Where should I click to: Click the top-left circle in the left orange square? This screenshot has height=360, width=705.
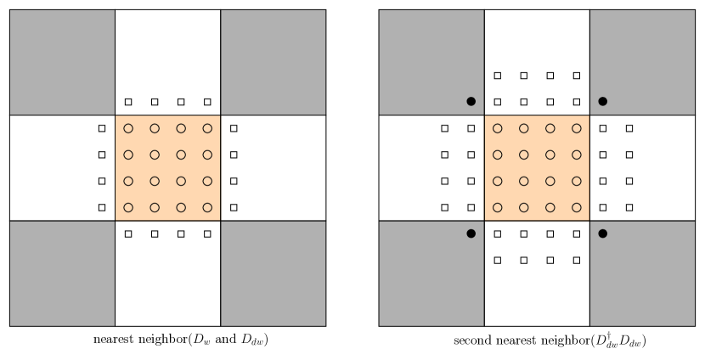128,129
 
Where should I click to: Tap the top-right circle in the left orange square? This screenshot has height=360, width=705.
207,129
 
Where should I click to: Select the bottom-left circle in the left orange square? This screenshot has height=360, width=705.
128,207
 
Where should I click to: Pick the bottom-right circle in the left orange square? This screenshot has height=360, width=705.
207,207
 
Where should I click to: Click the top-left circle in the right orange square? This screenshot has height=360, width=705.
498,129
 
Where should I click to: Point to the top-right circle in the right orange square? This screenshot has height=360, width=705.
577,129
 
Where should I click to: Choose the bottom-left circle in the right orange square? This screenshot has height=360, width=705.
498,207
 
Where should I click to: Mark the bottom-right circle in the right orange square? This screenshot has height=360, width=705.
577,207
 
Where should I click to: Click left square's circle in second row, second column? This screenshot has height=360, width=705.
155,155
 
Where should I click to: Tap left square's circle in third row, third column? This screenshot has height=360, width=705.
181,181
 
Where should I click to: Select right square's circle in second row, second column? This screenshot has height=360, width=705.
524,155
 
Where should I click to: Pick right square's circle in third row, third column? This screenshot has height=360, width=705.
550,181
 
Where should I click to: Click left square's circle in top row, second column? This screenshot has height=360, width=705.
155,129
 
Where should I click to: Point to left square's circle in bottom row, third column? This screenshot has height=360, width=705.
181,207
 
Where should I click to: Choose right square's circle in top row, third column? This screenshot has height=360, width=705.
550,129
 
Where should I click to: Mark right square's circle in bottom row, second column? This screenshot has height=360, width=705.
524,207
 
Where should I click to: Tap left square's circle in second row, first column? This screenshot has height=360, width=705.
128,155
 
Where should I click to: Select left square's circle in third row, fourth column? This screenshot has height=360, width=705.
207,181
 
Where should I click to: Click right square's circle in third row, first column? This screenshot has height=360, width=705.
498,181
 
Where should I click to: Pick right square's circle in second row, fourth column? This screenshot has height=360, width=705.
577,155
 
